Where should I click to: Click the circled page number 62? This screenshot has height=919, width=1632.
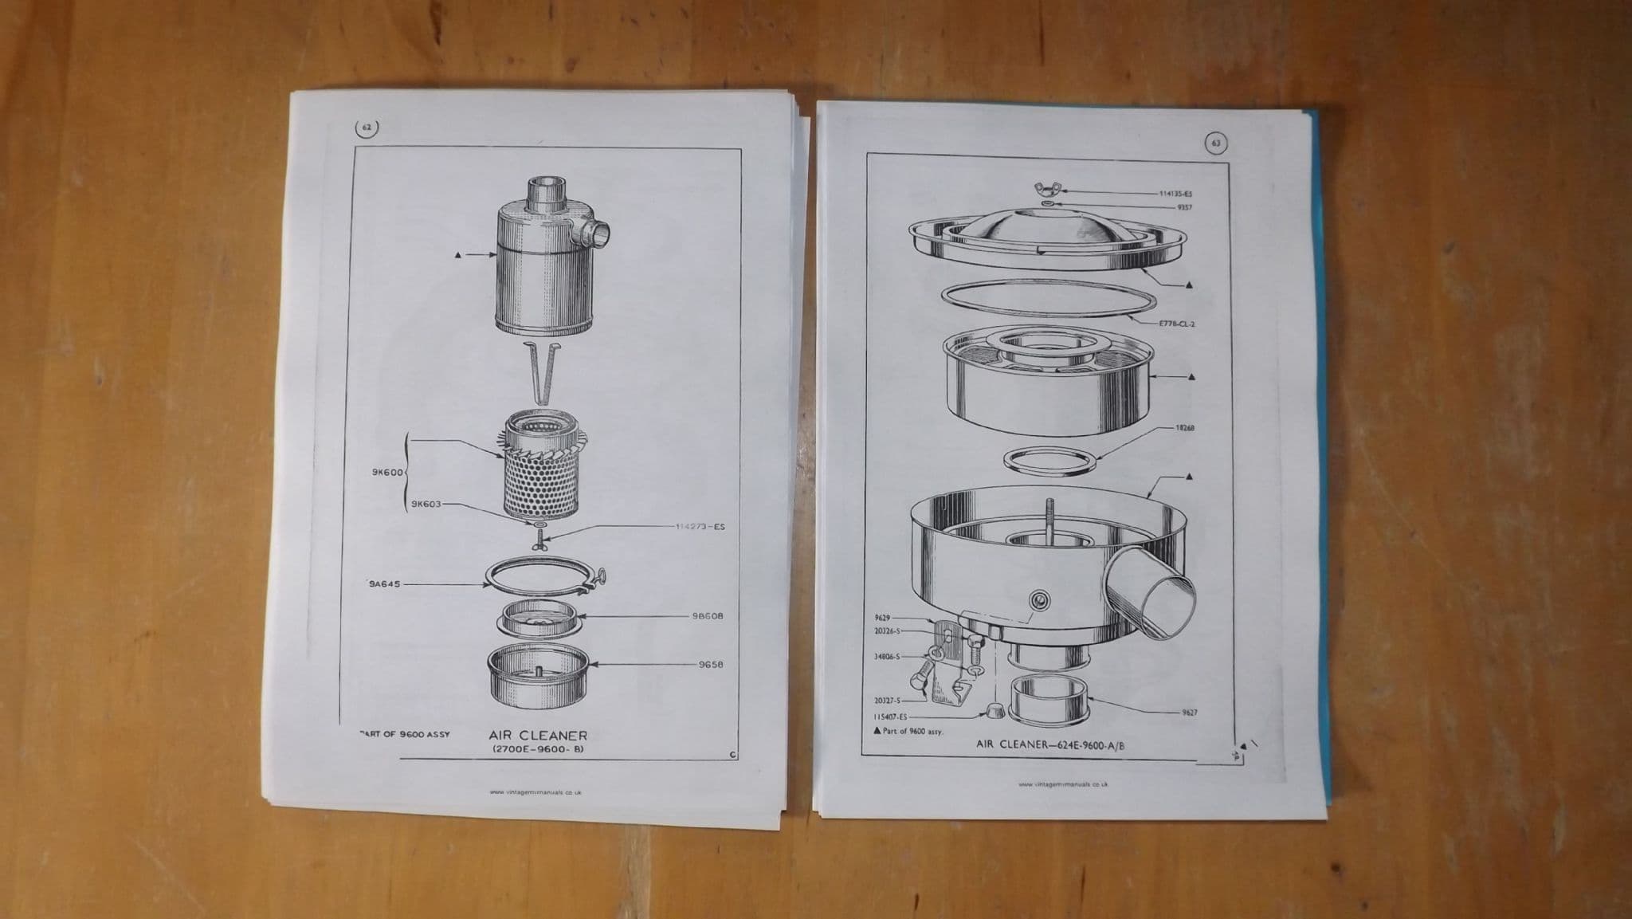[367, 128]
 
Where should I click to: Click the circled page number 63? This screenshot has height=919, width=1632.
[1215, 143]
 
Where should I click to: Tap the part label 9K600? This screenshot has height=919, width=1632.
[388, 472]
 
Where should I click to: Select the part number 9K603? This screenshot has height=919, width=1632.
[426, 504]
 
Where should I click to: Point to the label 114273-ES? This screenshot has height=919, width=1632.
[700, 527]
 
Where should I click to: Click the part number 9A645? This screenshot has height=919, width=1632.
[385, 584]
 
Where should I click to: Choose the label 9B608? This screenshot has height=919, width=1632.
[708, 616]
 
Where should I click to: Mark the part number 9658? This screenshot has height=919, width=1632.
[710, 664]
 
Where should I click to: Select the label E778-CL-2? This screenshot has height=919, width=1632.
[1177, 324]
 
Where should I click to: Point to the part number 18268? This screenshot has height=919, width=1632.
[1184, 428]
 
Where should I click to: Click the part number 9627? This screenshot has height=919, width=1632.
[1189, 713]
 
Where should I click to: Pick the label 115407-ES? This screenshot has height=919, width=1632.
[890, 717]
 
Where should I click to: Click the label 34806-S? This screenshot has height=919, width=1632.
[887, 657]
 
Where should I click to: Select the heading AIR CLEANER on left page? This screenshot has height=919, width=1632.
[538, 736]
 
